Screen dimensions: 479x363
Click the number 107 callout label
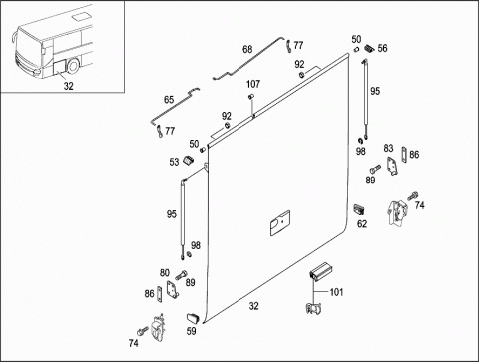[253, 84]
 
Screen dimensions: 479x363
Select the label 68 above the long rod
[247, 49]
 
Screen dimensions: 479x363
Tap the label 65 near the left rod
[169, 100]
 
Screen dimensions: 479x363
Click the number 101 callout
[336, 292]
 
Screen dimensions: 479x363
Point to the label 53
[174, 162]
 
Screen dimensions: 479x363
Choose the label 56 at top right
[382, 48]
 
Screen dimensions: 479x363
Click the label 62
[362, 224]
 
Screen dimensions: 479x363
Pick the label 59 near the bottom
[191, 331]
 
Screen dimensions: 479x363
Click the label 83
[388, 148]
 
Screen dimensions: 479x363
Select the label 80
[165, 273]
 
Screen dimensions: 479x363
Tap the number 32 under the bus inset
[68, 86]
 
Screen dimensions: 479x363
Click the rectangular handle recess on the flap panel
[280, 223]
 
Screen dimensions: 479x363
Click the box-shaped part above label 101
[320, 271]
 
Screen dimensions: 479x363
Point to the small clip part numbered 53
[189, 160]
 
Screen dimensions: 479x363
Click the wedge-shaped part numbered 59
[193, 318]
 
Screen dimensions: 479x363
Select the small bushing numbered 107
[251, 97]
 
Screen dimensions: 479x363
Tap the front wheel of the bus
[73, 66]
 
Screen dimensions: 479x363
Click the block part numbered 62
[359, 209]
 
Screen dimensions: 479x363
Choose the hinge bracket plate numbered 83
[392, 166]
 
